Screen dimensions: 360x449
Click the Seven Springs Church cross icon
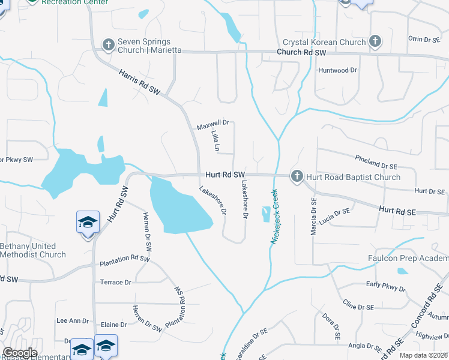(x=109, y=44)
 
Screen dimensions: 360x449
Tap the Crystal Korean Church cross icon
(x=375, y=41)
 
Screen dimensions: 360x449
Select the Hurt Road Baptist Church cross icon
(x=297, y=176)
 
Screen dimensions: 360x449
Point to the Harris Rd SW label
(x=140, y=83)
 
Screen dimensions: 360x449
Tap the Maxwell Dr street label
(x=213, y=126)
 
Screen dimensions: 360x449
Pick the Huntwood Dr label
(x=337, y=70)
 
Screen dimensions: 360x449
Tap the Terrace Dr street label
(x=115, y=282)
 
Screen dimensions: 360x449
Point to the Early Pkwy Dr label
(x=385, y=286)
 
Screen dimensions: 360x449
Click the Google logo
(x=19, y=353)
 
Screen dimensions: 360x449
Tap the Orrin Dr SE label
(x=424, y=38)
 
